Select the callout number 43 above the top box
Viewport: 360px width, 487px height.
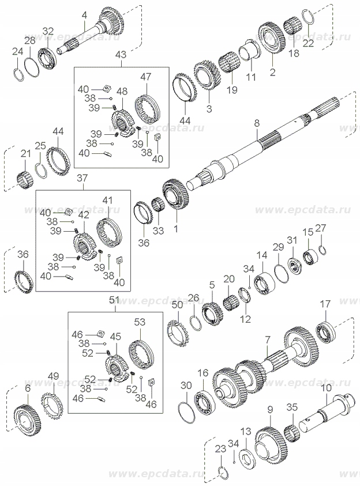(120, 54)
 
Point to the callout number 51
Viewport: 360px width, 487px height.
(114, 300)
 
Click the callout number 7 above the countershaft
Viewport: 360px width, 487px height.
(267, 341)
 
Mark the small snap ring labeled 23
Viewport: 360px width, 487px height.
(224, 474)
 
